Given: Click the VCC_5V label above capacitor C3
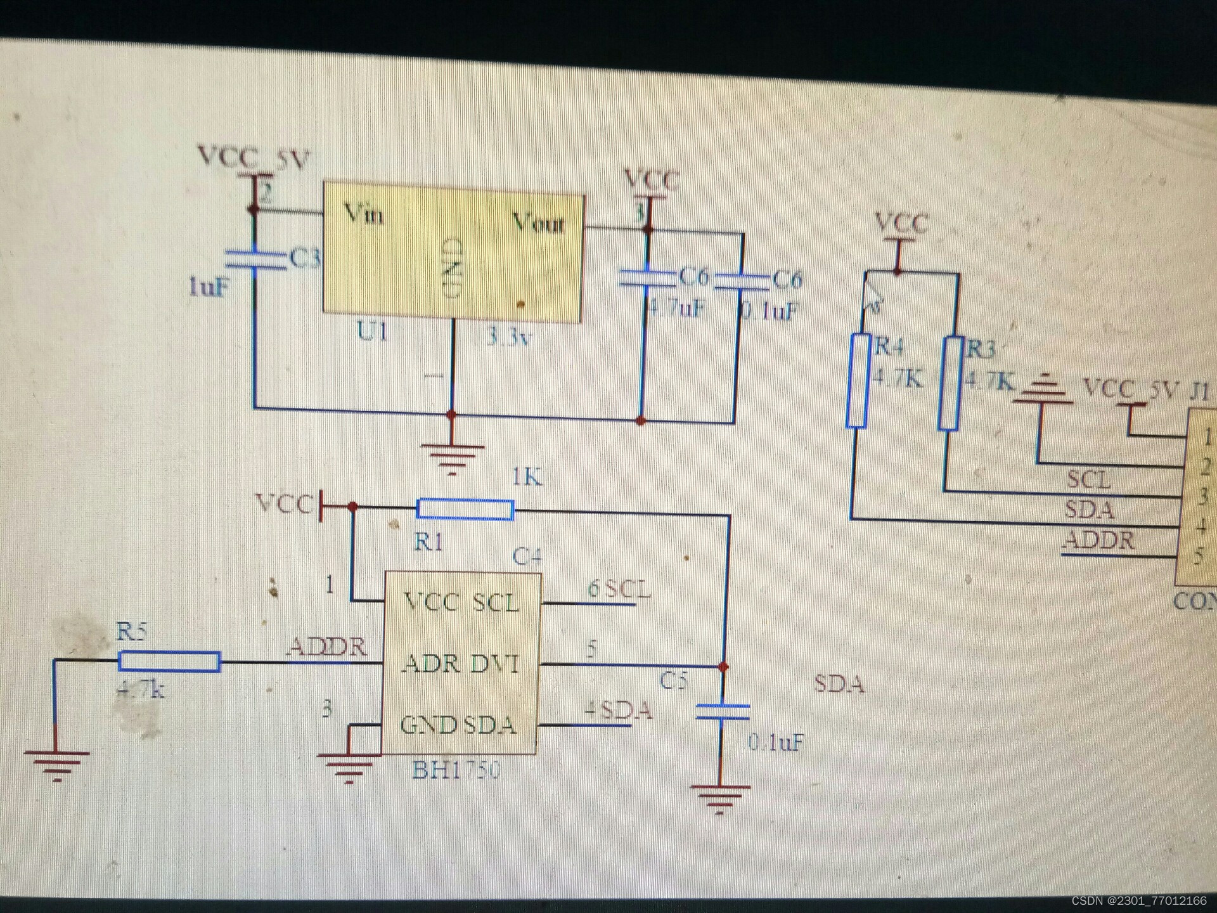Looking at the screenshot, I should click(x=253, y=157).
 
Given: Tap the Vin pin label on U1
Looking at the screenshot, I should click(x=363, y=214).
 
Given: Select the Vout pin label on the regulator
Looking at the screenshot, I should click(x=538, y=223).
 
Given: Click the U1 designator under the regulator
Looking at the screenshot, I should click(x=372, y=331).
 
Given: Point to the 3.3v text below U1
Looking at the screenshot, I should click(x=508, y=337).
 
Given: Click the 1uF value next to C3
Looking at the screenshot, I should click(x=208, y=287).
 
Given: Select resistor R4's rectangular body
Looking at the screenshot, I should click(x=858, y=380).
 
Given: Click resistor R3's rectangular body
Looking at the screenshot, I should click(x=950, y=383).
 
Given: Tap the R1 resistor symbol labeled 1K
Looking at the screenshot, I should click(x=465, y=509).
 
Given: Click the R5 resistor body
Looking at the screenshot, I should click(x=169, y=661).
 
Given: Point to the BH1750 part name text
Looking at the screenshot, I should click(x=456, y=770).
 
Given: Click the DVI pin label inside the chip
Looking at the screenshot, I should click(x=495, y=664).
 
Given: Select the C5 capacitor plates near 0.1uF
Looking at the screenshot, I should click(x=723, y=711).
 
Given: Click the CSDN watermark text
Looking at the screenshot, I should click(x=1138, y=901).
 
